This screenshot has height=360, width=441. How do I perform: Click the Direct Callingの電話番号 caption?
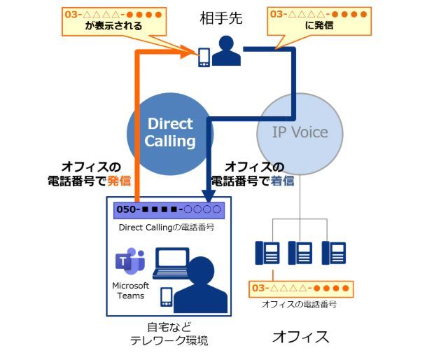[x=166, y=227]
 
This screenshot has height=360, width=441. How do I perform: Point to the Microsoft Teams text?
[x=130, y=291]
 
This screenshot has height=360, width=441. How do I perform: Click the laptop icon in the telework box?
[x=170, y=263]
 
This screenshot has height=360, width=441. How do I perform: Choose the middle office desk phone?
[x=301, y=252]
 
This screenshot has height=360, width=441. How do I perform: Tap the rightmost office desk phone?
[x=334, y=252]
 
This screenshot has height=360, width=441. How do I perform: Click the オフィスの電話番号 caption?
[x=299, y=304]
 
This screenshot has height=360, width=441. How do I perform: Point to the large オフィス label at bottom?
[x=300, y=336]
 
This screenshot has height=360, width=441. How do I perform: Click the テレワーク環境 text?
[x=169, y=340]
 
